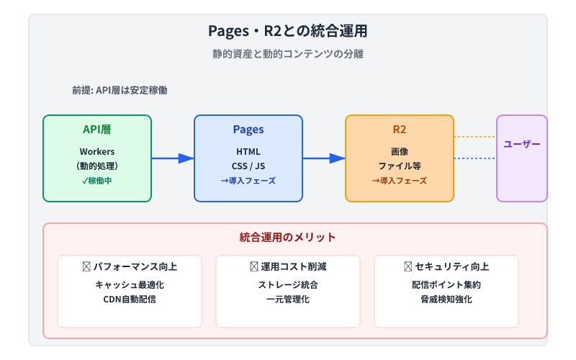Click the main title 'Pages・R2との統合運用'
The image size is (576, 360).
(287, 31)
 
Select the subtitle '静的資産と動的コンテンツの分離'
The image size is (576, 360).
(287, 55)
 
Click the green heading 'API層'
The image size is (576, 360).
(97, 130)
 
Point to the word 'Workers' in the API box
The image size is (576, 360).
(97, 151)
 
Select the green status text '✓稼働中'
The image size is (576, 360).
(97, 180)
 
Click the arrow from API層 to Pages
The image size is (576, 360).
(173, 158)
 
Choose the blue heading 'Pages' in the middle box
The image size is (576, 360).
(248, 130)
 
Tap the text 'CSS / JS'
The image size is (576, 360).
(248, 166)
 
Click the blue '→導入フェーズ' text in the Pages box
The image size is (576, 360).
(248, 180)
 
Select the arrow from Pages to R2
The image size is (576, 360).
(324, 158)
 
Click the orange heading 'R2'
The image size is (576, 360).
(400, 130)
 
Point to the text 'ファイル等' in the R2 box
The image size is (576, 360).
(400, 166)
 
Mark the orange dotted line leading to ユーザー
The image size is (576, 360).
(475, 137)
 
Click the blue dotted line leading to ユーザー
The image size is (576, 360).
(475, 158)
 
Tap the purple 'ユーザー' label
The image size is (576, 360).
(522, 144)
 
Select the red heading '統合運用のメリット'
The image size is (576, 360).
(287, 237)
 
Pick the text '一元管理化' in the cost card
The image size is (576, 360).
(288, 299)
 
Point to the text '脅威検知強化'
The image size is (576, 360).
(446, 299)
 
